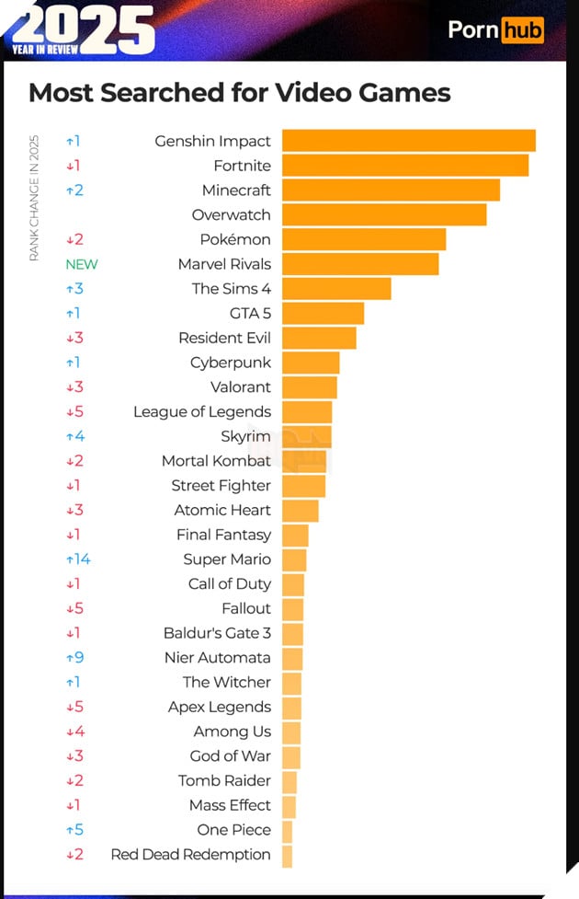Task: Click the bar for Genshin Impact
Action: coord(408,141)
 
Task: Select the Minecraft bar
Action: coord(391,190)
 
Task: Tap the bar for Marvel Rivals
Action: coord(360,264)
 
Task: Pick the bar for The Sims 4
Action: coord(336,289)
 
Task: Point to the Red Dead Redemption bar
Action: coord(288,855)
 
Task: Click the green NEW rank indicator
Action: coord(81,264)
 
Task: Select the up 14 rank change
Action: coord(78,559)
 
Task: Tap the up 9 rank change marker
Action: coord(74,658)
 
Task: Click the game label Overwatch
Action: coord(231,215)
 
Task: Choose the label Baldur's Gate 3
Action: coord(217,633)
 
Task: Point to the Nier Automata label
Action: coord(217,658)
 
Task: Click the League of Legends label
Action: coord(202,412)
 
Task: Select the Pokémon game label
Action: coord(235,239)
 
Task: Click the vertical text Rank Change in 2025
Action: coord(34,197)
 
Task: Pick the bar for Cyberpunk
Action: coord(311,363)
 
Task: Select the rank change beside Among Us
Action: coord(74,732)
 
